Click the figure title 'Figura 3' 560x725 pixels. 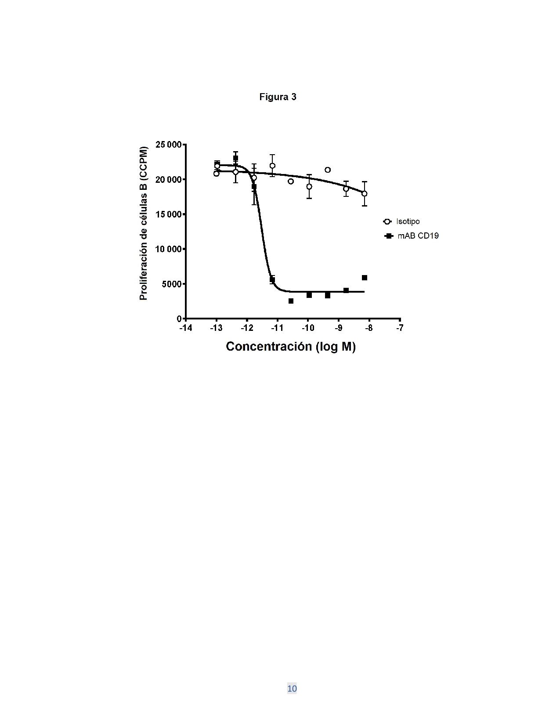pos(278,97)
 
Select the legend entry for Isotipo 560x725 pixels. pos(401,221)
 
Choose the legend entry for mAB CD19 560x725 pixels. pos(412,236)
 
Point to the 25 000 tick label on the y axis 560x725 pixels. pos(169,145)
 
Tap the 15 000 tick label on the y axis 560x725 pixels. pos(169,214)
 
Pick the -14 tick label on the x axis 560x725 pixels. pos(186,328)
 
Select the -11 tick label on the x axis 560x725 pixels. pos(277,328)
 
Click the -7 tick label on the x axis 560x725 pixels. pos(400,328)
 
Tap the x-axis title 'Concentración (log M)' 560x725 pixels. pos(291,347)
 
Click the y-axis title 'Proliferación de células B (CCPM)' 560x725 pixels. pos(144,223)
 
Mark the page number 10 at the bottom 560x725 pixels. pos(292,689)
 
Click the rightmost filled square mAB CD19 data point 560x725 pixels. pos(365,278)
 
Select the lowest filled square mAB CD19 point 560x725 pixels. pos(291,301)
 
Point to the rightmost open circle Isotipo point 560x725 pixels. pos(364,193)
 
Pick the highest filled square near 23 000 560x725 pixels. pos(235,158)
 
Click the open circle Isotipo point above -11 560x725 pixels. pos(272,166)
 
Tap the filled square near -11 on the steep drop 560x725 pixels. pos(272,279)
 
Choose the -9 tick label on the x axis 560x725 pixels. pos(339,328)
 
